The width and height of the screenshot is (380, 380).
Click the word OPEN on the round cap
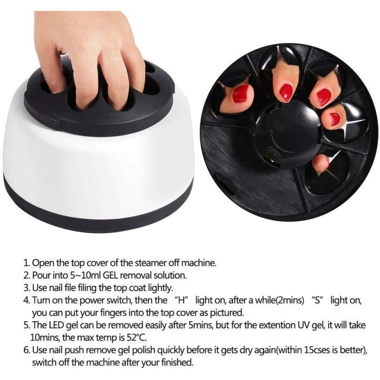tap(275, 152)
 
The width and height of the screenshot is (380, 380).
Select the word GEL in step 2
tap(111, 275)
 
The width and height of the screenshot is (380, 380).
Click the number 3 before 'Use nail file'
tap(27, 288)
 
